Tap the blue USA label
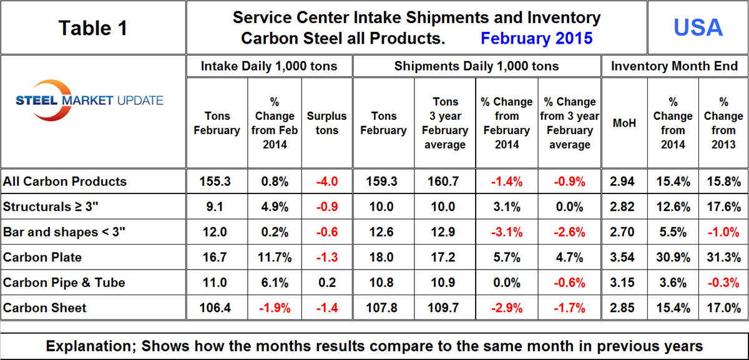pos(698,27)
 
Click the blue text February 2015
pos(536,39)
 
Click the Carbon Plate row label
pos(42,257)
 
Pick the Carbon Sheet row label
pos(45,308)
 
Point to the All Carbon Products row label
pos(65,182)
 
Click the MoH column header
pos(624,123)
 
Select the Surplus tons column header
pos(326,123)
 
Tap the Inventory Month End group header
pos(674,66)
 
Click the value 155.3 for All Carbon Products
pos(217,182)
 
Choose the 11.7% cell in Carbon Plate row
pos(275,257)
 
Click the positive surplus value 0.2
pos(326,282)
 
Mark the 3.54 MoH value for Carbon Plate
pos(624,257)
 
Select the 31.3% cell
pos(723,257)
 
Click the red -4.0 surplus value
pos(326,182)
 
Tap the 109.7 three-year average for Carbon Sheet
pos(444,308)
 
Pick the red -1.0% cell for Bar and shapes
pos(723,232)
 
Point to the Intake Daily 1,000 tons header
pos(269,66)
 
